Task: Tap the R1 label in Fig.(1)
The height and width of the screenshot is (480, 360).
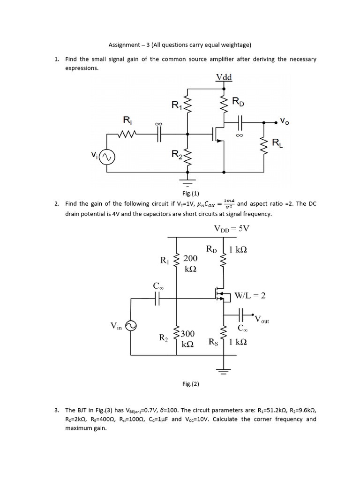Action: tap(177, 105)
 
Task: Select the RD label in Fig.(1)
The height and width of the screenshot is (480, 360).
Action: tap(238, 102)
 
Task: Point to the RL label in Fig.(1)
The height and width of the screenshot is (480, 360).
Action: tap(278, 144)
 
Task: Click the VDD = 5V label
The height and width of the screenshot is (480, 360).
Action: tap(232, 229)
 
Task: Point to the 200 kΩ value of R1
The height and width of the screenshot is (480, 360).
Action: tap(190, 263)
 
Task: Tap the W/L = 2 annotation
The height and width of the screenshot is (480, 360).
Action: tap(250, 295)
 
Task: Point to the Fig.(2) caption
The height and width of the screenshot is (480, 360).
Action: tap(191, 384)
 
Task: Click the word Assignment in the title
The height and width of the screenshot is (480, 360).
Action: tap(123, 45)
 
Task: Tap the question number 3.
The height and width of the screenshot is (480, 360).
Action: tap(56, 410)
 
